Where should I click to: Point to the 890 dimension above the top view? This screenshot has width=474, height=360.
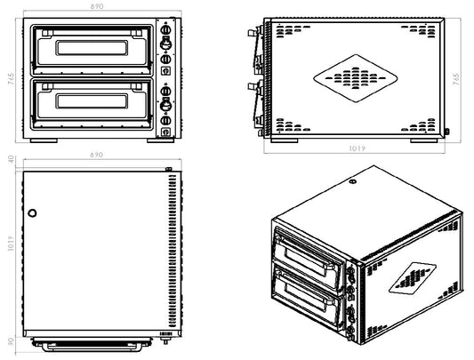click(98, 156)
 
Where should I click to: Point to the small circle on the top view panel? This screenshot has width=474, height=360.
click(33, 213)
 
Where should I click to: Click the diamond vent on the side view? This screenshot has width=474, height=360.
click(354, 79)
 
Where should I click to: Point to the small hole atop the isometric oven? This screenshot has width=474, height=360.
click(354, 183)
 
